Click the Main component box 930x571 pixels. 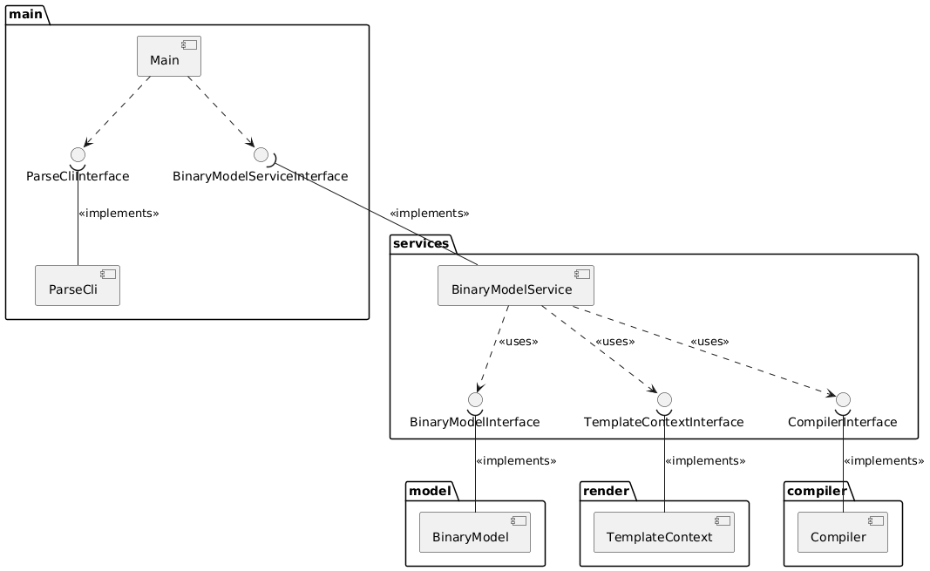169,56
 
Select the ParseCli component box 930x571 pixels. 78,286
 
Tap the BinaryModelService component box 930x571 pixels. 515,286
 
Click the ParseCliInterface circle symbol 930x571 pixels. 78,154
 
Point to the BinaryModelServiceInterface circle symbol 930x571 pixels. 261,154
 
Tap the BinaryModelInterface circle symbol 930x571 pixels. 475,400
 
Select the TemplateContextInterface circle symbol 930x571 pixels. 664,400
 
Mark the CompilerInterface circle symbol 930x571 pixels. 843,400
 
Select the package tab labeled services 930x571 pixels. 421,243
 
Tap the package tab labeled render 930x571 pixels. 608,491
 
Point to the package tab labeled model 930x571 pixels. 431,491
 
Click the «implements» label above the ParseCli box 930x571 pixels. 119,213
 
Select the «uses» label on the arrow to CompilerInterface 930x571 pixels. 709,342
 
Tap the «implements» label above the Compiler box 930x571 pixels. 884,460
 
